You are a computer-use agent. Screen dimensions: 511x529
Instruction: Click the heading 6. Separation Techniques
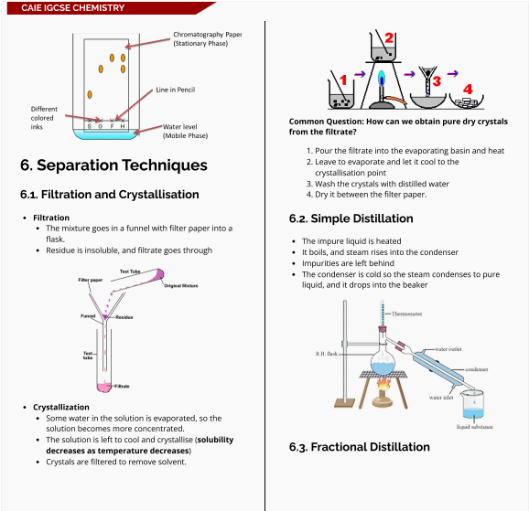coord(113,165)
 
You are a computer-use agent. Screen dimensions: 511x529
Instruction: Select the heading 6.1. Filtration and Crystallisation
coord(109,194)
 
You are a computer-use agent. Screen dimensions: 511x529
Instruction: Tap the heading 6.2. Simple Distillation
coord(351,218)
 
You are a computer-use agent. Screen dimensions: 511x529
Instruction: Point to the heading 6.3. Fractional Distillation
coord(359,447)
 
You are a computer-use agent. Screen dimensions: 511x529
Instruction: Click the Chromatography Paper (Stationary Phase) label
coord(207,38)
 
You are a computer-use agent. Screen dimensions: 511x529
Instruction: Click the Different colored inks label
coord(43,117)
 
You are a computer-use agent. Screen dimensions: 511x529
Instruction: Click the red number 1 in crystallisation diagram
coord(344,80)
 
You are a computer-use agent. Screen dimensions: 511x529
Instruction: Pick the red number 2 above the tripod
coord(389,38)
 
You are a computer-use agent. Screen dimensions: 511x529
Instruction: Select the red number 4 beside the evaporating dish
coord(468,90)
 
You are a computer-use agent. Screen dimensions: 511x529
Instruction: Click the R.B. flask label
coord(327,353)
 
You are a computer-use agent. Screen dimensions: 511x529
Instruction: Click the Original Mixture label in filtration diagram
coord(180,286)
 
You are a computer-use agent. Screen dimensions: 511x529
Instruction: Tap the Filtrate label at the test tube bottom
coord(121,387)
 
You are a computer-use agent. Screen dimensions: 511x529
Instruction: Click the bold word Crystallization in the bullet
coord(61,407)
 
